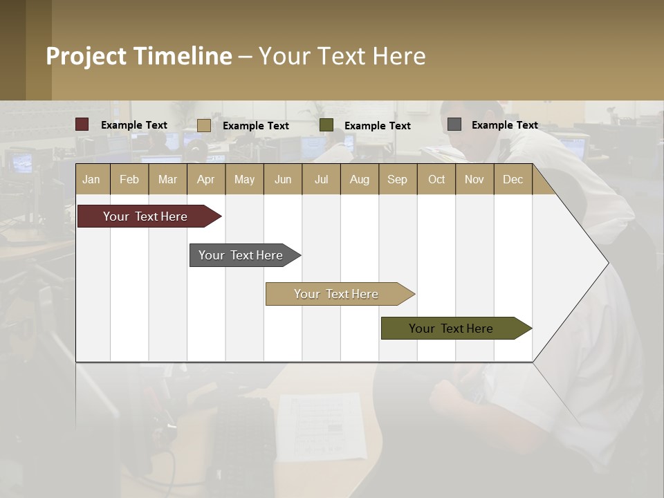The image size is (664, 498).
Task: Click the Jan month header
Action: click(92, 179)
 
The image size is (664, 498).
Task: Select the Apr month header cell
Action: click(206, 179)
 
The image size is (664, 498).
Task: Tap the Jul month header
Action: click(321, 179)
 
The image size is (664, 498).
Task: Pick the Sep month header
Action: click(398, 179)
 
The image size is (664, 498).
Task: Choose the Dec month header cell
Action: click(513, 179)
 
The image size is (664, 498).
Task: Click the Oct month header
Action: click(436, 179)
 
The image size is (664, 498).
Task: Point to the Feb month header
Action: click(129, 179)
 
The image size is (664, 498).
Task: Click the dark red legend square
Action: click(82, 124)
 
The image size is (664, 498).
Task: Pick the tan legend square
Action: click(204, 125)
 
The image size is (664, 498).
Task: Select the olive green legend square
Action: click(326, 124)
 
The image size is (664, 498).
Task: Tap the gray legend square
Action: click(454, 124)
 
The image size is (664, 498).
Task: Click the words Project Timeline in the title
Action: click(138, 56)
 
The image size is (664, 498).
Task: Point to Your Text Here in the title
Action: click(342, 56)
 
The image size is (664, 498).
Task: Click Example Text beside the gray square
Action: click(504, 125)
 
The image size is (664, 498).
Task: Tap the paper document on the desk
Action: click(322, 425)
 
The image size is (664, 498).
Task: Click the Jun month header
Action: click(283, 179)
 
